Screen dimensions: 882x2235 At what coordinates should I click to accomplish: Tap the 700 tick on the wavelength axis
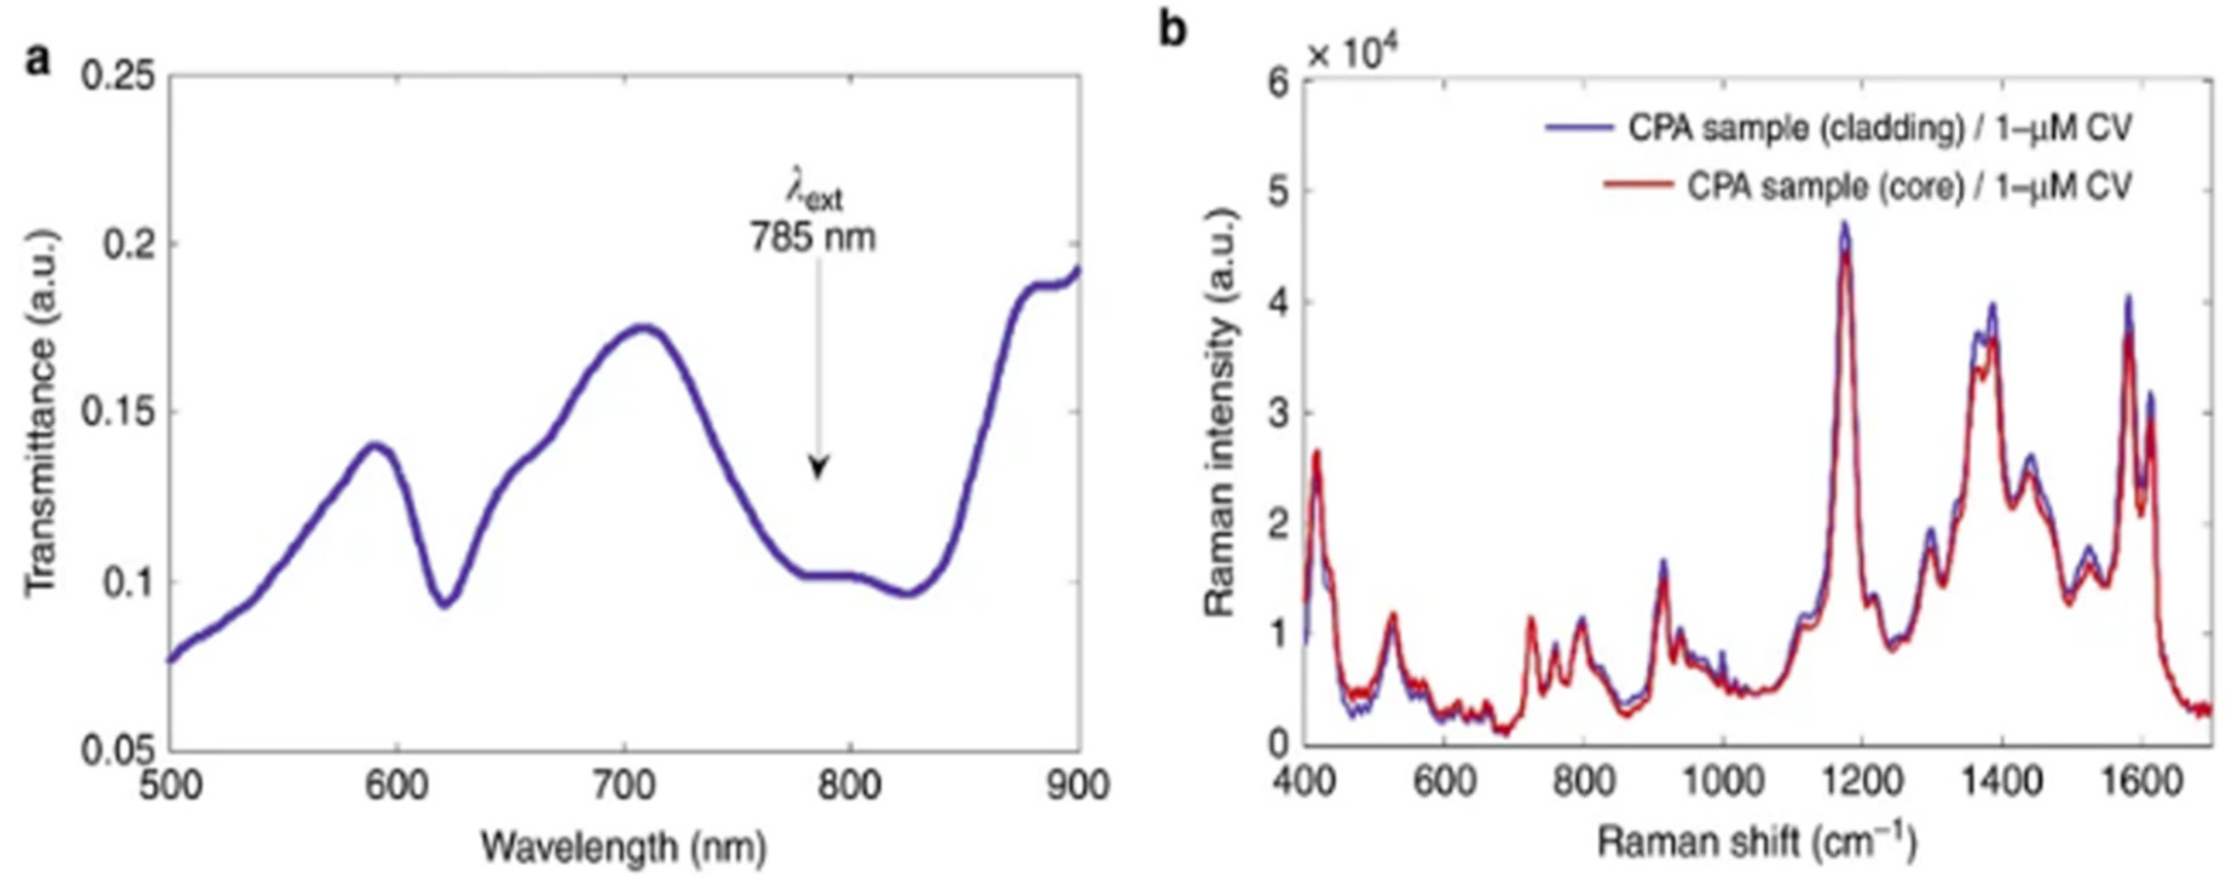623,786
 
